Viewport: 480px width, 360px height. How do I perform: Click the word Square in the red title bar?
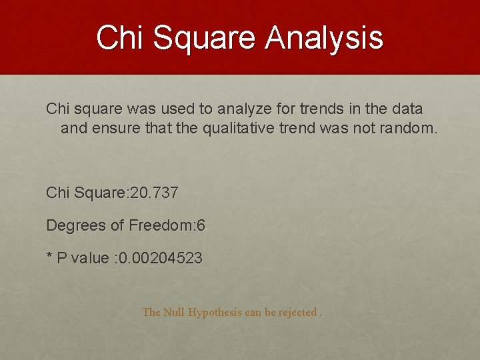click(205, 38)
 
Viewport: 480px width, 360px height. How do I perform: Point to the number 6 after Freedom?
click(201, 226)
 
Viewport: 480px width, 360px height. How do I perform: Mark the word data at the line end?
click(408, 109)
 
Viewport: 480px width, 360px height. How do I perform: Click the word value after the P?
click(89, 259)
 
